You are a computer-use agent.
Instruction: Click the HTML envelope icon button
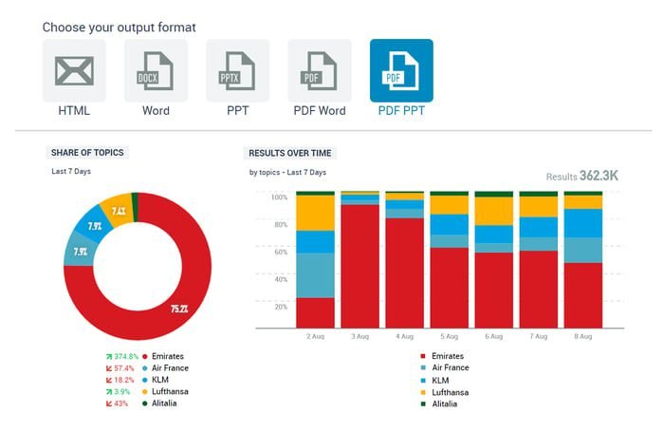74,71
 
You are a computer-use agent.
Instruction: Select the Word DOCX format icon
156,71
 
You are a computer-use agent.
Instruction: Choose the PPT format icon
237,71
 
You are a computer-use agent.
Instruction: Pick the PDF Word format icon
319,71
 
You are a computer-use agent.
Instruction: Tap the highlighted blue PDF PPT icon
401,71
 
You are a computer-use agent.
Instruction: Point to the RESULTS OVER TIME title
290,153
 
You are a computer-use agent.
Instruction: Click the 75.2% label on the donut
178,309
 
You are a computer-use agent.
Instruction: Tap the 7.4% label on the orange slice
119,211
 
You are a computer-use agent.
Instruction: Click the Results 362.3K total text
581,176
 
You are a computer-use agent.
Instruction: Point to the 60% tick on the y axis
279,253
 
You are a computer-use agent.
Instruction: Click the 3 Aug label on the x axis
360,336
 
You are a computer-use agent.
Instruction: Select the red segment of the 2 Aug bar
315,312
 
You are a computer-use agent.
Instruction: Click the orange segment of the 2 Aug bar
315,214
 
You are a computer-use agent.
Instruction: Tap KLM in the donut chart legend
161,380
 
